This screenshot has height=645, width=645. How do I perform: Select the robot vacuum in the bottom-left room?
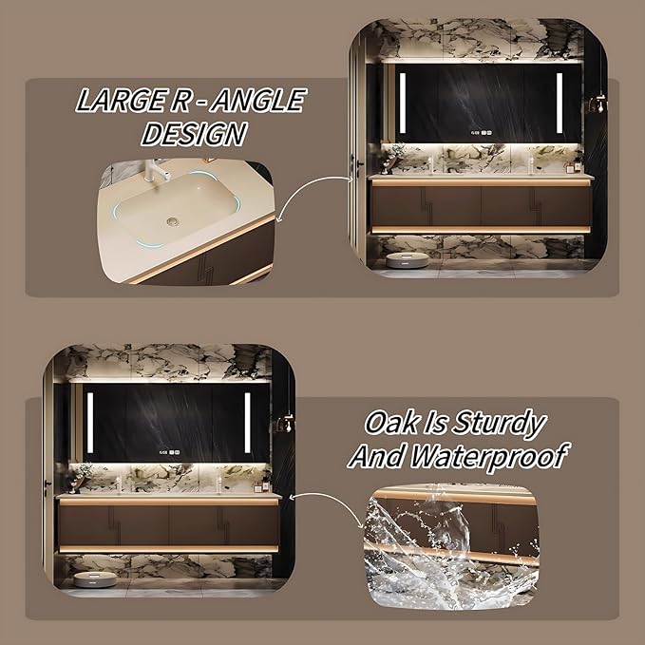(88, 576)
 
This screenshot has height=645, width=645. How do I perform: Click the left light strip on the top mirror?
(402, 100)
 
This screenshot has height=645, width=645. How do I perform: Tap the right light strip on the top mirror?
(559, 100)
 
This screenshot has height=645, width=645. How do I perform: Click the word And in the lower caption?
(373, 456)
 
